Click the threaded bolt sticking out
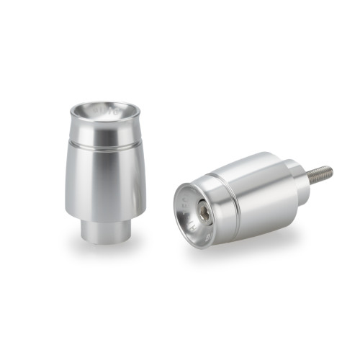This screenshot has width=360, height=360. pyautogui.click(x=320, y=174)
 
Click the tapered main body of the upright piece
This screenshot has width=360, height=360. pyautogui.click(x=106, y=180)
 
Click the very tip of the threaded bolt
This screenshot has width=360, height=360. pyautogui.click(x=331, y=171)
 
